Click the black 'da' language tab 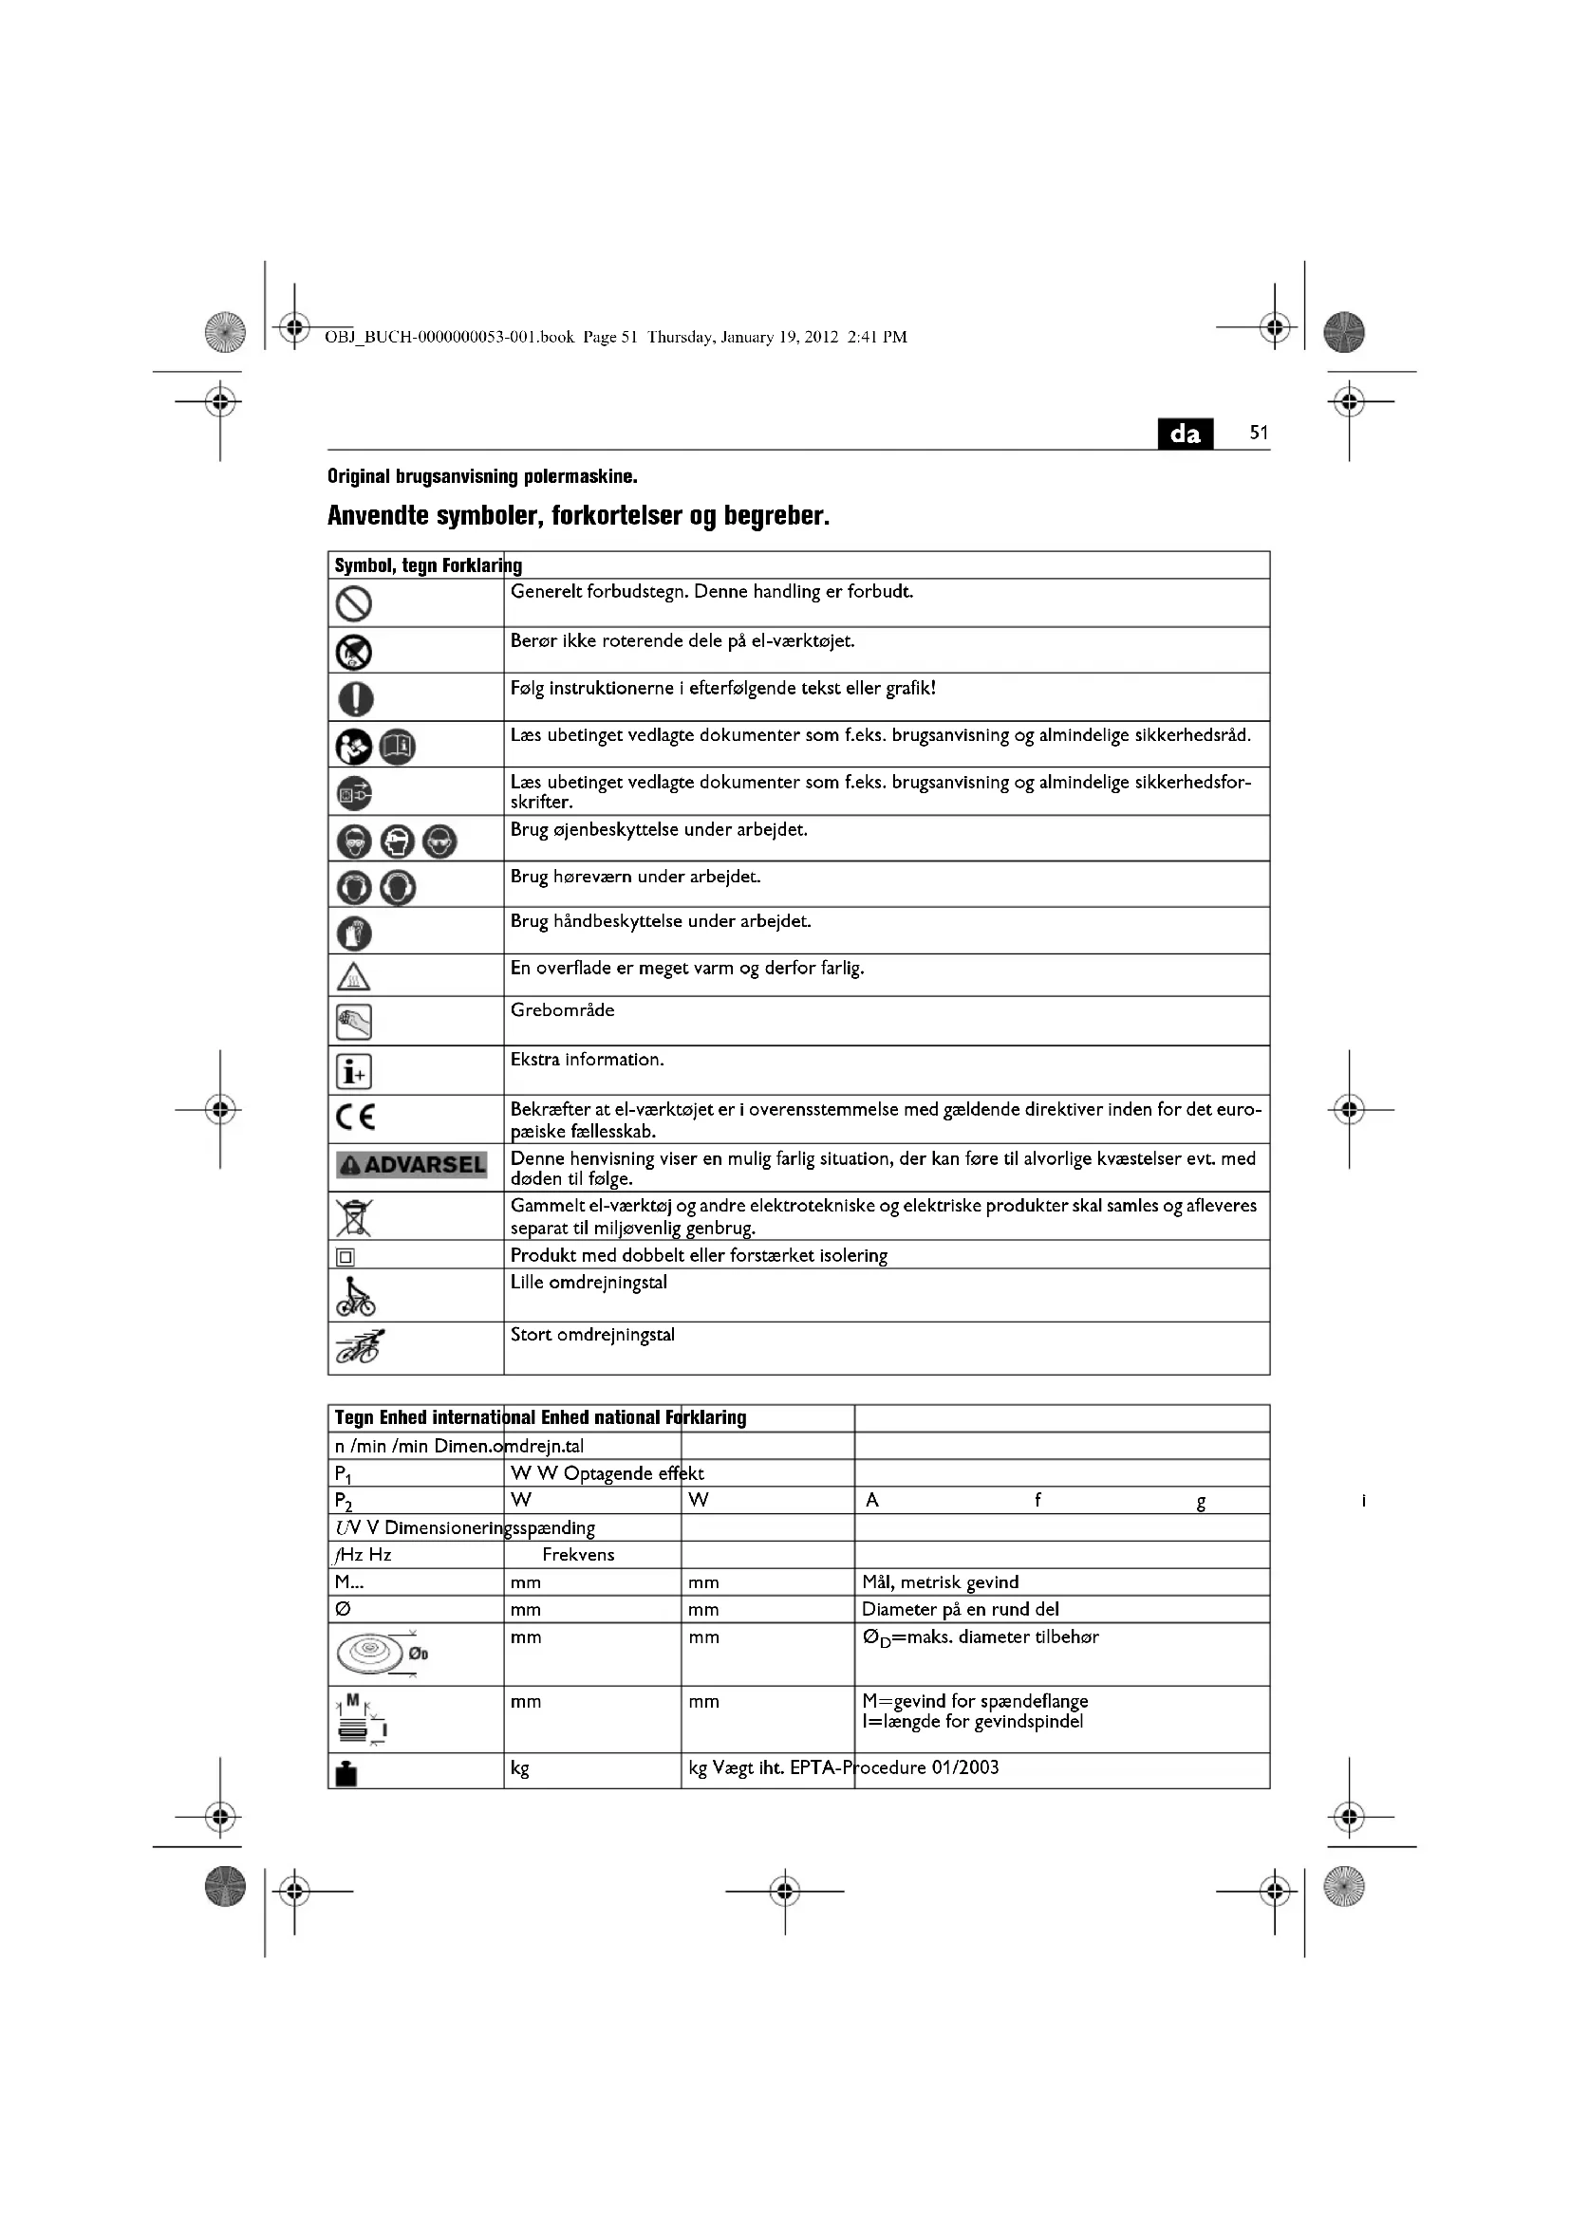coord(1185,434)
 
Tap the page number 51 coord(1258,433)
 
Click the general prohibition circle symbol coord(354,604)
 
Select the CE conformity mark coord(355,1118)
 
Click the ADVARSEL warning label coord(412,1165)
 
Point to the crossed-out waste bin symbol coord(354,1217)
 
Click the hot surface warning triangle coord(354,976)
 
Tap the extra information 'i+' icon coord(354,1071)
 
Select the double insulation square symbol coord(346,1256)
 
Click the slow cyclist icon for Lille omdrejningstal coord(355,1297)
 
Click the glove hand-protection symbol coord(354,933)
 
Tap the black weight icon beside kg coord(346,1773)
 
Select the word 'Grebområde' coord(562,1010)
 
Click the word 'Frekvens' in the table coord(578,1554)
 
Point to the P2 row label coord(344,1501)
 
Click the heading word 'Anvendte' coord(377,516)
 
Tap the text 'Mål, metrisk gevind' coord(940,1582)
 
